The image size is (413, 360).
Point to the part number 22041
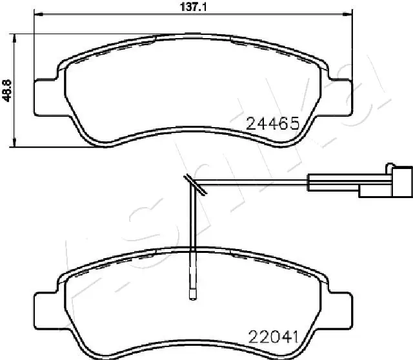[274, 335]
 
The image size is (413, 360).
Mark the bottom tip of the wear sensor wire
[192, 296]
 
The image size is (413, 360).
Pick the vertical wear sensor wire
[192, 239]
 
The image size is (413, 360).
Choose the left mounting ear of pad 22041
[46, 309]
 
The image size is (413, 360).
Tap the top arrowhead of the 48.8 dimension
[15, 36]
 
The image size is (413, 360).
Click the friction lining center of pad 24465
[194, 90]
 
